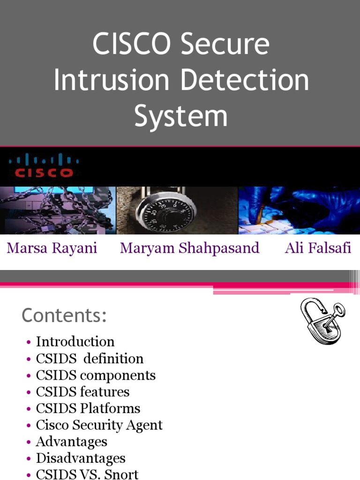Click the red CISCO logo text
point(44,172)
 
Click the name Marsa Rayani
point(52,248)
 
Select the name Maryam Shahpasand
point(189,248)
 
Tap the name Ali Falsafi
point(318,248)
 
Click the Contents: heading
point(64,315)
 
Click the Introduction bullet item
point(75,342)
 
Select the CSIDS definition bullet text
point(90,359)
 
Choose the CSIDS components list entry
point(96,375)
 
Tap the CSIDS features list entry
point(82,392)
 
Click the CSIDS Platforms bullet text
point(88,408)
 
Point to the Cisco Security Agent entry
point(99,425)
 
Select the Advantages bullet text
point(71,442)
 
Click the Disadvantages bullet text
point(81,458)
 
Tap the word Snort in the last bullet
point(121,474)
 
